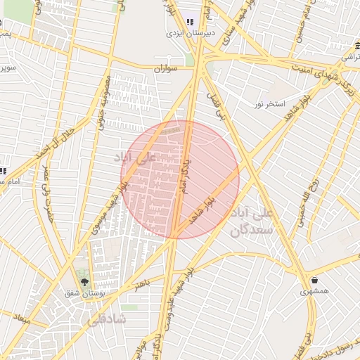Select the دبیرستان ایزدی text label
(x=184, y=32)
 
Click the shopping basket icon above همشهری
(x=304, y=280)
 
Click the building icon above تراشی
(x=350, y=46)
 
